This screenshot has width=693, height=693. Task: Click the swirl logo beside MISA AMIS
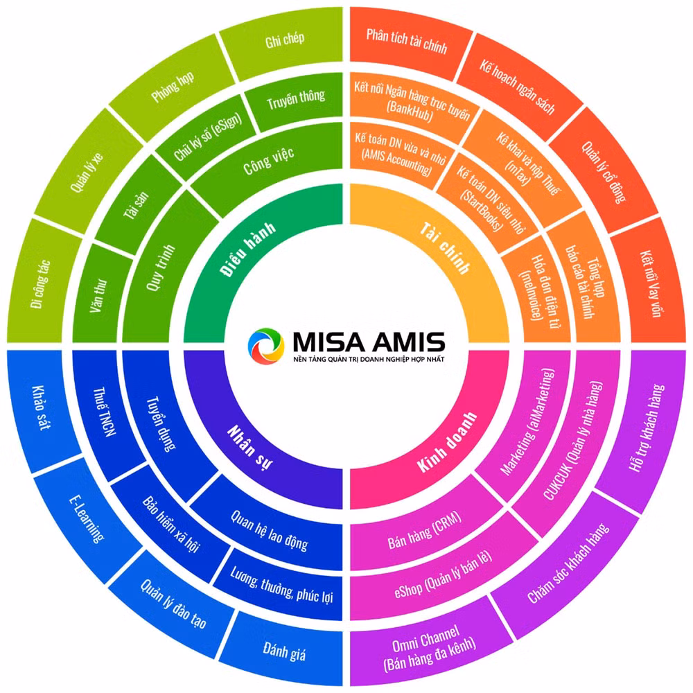(x=265, y=346)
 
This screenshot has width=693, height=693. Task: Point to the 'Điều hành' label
(x=247, y=249)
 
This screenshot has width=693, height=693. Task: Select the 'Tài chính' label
(x=445, y=248)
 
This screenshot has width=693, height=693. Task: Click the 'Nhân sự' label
(x=250, y=446)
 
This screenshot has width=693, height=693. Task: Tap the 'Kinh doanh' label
(x=447, y=442)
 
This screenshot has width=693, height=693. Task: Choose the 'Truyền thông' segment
(x=296, y=100)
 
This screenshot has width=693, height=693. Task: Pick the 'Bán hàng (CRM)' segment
(x=424, y=530)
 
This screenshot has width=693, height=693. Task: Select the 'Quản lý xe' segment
(x=87, y=173)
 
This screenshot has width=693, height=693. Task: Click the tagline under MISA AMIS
(x=369, y=359)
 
